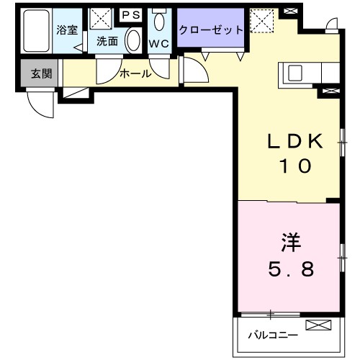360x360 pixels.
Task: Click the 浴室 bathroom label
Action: pyautogui.click(x=68, y=30)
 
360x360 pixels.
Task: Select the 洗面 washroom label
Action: pyautogui.click(x=107, y=42)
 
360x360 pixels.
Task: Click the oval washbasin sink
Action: pyautogui.click(x=132, y=40)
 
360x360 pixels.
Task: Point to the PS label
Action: pyautogui.click(x=131, y=14)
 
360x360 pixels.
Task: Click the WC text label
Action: pyautogui.click(x=158, y=42)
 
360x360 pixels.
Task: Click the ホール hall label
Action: pyautogui.click(x=135, y=73)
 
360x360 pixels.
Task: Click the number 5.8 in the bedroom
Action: pyautogui.click(x=291, y=269)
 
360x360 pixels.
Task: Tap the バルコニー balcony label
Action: pyautogui.click(x=272, y=335)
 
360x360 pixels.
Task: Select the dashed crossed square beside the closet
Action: pyautogui.click(x=262, y=19)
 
